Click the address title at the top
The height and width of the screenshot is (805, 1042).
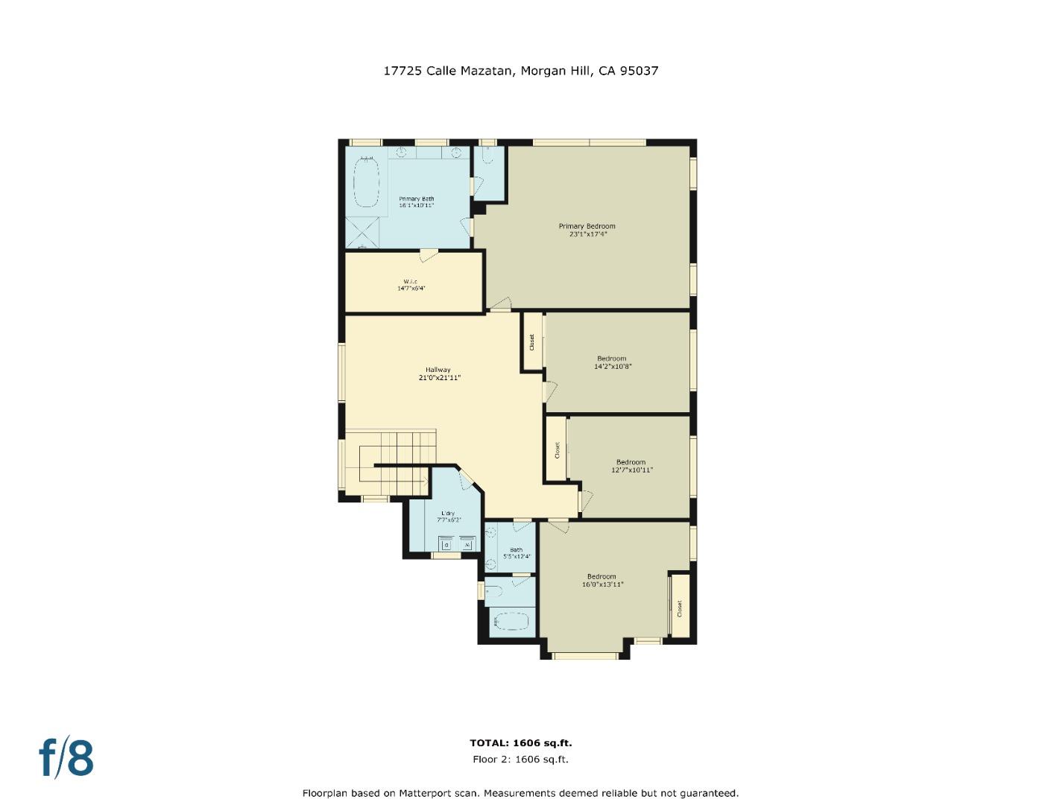[520, 71]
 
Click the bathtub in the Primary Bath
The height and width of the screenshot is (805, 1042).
[365, 182]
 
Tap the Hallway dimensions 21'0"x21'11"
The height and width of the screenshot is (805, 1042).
[439, 378]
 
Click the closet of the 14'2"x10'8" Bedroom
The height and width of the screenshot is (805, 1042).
[532, 341]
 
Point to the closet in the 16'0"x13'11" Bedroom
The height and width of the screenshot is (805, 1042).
[679, 606]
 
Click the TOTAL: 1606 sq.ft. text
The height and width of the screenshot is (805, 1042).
[520, 743]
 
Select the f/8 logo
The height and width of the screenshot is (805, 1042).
[66, 757]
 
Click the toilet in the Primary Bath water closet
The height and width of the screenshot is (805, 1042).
[487, 157]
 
